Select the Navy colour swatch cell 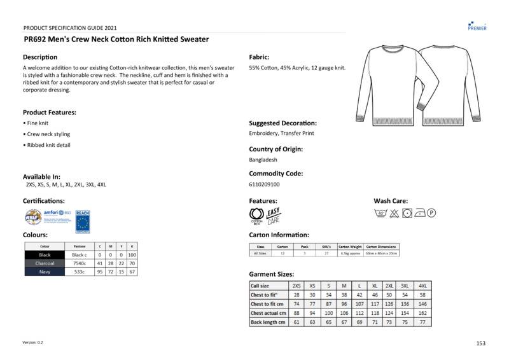45,272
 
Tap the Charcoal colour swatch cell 45,263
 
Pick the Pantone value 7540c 79,263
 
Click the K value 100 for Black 132,254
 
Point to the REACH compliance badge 82,220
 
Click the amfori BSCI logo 57,216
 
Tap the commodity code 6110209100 264,184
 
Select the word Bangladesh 263,160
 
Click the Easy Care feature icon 273,216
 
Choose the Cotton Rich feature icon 256,216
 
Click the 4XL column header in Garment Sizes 423,286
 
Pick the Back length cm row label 268,322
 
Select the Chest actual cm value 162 423,313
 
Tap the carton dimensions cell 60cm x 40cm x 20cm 382,253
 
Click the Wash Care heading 391,201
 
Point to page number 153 480,343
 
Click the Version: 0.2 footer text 33,343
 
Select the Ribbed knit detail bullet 48,145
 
